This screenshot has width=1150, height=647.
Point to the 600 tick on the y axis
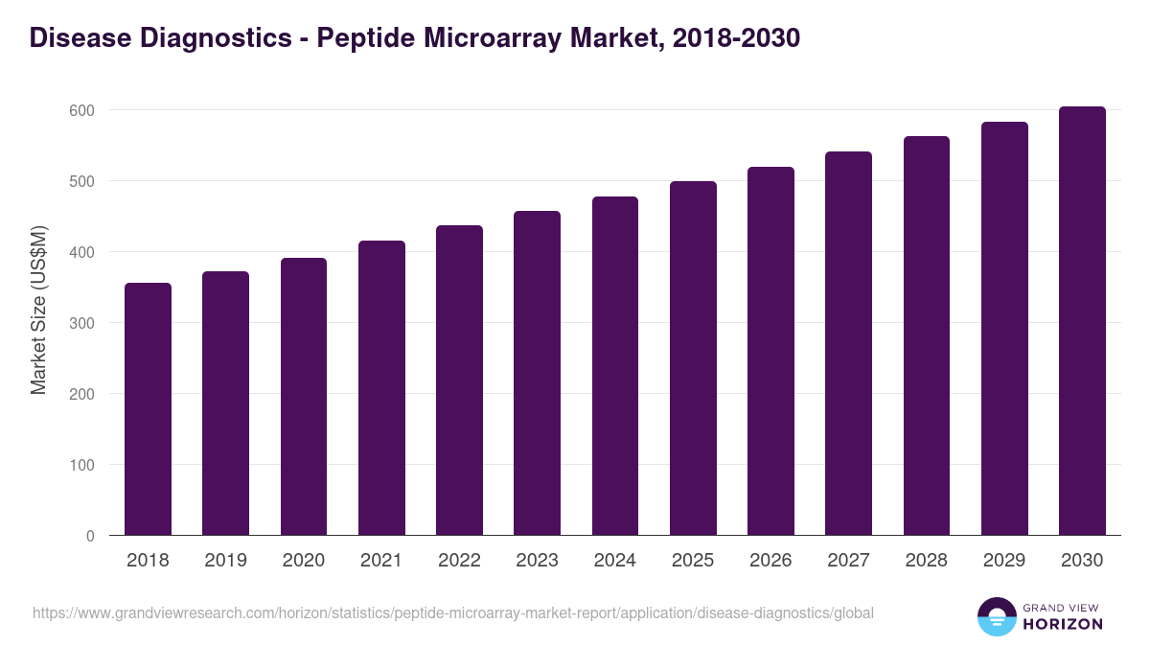(83, 110)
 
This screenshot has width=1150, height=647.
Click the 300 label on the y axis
(83, 323)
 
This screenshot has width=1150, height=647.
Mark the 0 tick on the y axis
(90, 536)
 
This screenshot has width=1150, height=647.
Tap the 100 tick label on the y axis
(83, 465)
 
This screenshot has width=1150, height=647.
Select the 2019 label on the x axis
(225, 561)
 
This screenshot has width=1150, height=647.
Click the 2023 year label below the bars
(537, 561)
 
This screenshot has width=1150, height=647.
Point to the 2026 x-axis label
(770, 561)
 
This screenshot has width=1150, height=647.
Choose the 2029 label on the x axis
(1004, 561)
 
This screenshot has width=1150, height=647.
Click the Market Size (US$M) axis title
(39, 309)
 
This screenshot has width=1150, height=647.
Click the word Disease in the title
(75, 38)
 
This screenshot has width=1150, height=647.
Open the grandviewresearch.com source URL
(452, 612)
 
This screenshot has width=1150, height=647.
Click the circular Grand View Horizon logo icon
(997, 616)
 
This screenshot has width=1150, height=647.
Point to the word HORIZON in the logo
(1063, 624)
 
